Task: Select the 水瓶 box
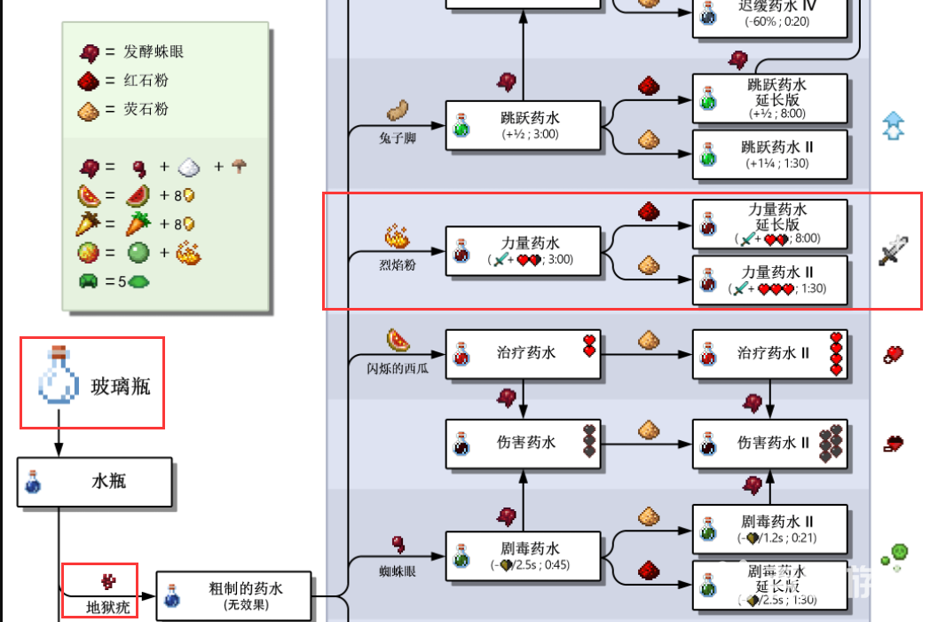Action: [94, 483]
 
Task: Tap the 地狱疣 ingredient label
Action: [100, 608]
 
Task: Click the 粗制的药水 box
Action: [234, 595]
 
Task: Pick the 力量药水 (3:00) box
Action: [522, 251]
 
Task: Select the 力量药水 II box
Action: [769, 280]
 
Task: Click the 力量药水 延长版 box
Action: [769, 223]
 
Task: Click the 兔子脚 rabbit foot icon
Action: [397, 112]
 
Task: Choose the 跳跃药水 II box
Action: [769, 154]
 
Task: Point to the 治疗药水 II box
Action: [769, 353]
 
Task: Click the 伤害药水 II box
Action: [769, 442]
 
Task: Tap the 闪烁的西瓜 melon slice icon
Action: [398, 341]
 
